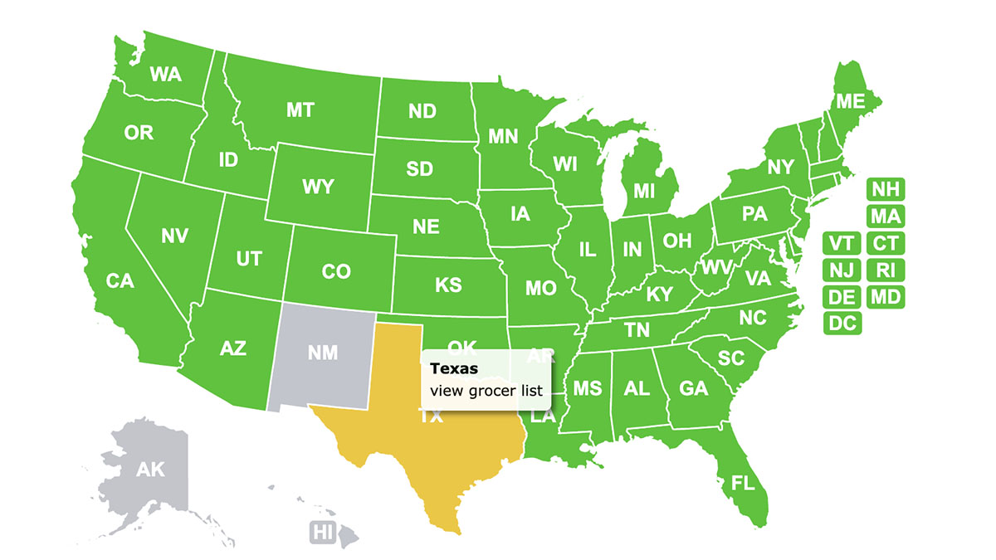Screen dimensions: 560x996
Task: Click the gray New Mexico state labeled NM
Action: click(x=322, y=353)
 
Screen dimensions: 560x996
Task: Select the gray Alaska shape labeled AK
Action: click(x=150, y=470)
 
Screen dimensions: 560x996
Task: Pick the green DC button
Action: click(x=842, y=324)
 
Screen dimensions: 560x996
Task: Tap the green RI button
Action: click(x=886, y=270)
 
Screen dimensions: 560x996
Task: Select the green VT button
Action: click(x=842, y=244)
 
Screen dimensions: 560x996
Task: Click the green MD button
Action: click(x=886, y=296)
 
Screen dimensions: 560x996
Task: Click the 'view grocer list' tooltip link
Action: click(x=486, y=390)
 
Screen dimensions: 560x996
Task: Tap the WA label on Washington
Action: click(x=165, y=74)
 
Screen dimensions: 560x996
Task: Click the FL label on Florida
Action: click(x=743, y=482)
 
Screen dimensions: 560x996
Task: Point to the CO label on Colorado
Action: click(x=336, y=271)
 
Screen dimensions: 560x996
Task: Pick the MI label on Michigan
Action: click(x=644, y=191)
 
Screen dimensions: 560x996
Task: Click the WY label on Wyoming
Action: click(x=318, y=187)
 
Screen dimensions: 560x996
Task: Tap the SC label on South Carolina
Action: click(x=730, y=358)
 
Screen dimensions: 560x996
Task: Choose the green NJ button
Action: click(x=842, y=270)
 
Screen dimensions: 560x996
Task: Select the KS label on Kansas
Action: click(x=448, y=285)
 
